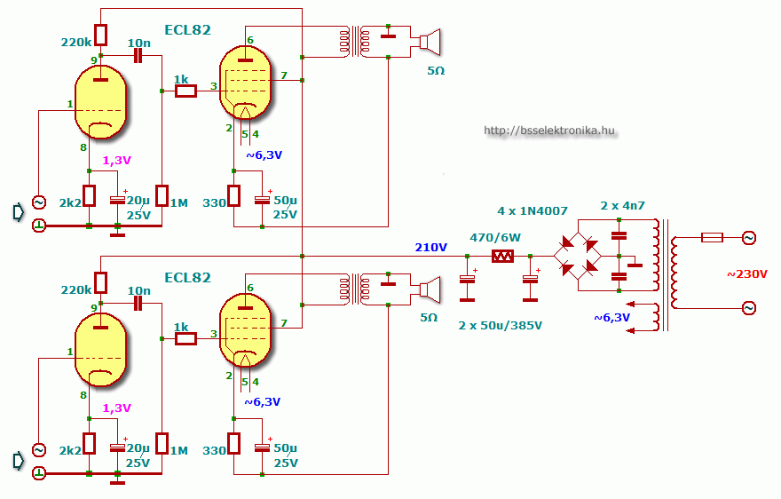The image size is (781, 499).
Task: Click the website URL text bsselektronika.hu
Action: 549,131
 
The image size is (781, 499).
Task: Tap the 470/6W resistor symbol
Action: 502,257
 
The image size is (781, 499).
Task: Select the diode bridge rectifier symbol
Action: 578,257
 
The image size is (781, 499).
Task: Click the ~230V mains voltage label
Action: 746,274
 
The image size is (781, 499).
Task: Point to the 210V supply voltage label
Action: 430,247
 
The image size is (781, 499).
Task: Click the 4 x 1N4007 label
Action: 532,210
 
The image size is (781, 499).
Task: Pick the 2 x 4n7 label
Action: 622,205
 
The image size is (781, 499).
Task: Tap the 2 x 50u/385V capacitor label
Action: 500,326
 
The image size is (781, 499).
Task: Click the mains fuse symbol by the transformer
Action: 712,238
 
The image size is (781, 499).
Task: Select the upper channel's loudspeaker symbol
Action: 430,42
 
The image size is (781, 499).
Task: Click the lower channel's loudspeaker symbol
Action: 430,289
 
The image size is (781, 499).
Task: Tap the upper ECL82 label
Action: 188,30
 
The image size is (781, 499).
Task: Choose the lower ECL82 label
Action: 188,278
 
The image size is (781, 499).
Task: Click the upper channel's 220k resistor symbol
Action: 100,35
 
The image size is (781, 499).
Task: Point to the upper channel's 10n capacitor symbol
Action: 138,55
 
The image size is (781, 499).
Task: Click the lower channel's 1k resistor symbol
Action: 185,339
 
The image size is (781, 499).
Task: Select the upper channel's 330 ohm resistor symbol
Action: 233,195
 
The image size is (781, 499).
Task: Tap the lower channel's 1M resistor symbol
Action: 162,443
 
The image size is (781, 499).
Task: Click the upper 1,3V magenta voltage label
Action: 116,161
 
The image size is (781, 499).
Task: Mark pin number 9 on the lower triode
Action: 94,309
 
